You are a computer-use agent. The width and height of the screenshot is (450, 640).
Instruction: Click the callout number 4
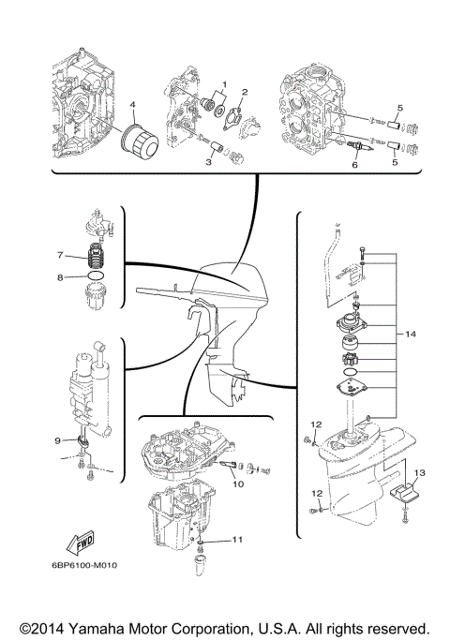(132, 104)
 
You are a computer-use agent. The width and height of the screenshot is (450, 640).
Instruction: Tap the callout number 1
(222, 86)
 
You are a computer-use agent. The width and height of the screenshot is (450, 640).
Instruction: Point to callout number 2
(244, 92)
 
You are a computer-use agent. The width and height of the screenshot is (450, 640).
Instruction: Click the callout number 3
(207, 161)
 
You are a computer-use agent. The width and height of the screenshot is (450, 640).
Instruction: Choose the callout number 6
(354, 165)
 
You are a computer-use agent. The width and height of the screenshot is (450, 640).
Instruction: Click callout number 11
(238, 540)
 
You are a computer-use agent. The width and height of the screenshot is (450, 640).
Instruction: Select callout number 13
(420, 472)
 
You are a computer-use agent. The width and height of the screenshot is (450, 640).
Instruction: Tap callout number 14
(410, 334)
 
